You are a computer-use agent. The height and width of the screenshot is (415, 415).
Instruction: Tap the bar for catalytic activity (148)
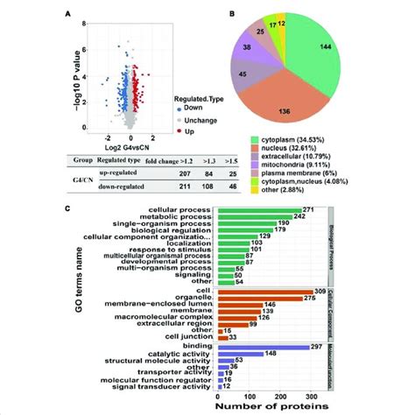click(x=237, y=353)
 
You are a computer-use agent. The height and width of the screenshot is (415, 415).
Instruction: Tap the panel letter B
click(x=206, y=13)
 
